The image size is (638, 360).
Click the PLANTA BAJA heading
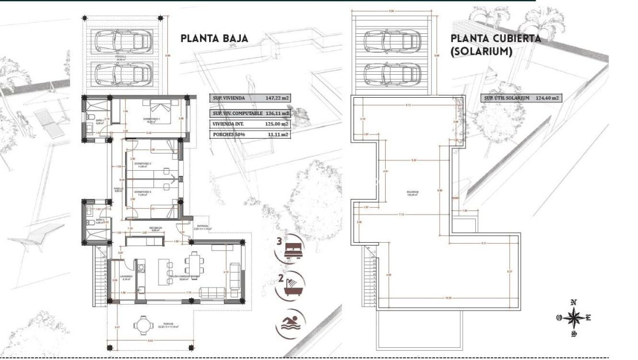pyautogui.click(x=214, y=39)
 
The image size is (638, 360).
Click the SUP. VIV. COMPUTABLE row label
pyautogui.click(x=235, y=113)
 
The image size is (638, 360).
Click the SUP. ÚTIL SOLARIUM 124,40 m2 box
pyautogui.click(x=521, y=98)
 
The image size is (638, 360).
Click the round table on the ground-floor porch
pyautogui.click(x=142, y=325)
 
